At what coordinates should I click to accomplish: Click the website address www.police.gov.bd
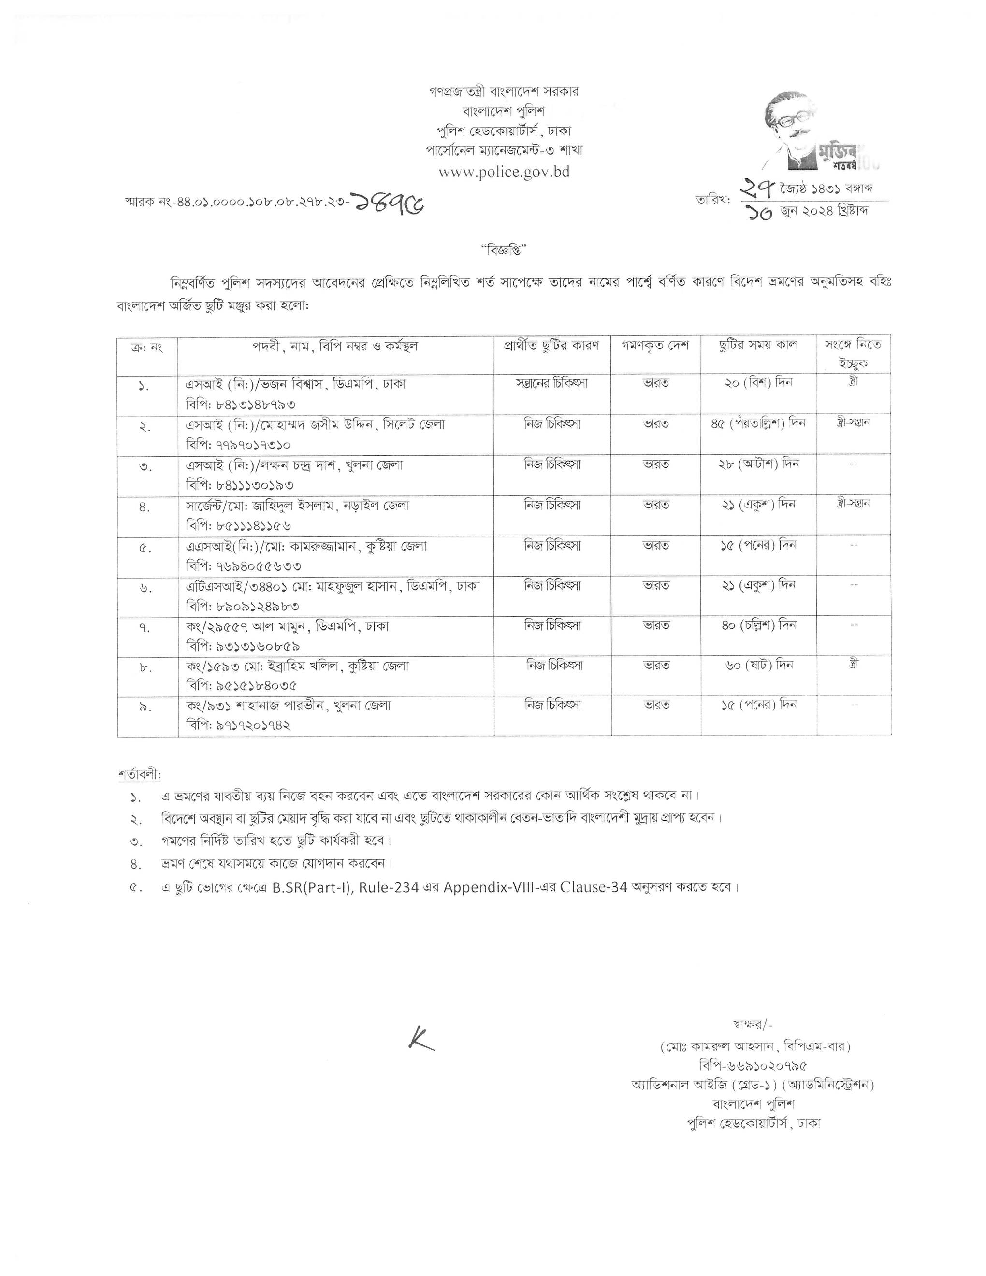(x=504, y=172)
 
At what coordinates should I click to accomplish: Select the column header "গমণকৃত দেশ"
(x=655, y=345)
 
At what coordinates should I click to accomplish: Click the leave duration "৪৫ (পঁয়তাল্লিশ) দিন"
(x=757, y=423)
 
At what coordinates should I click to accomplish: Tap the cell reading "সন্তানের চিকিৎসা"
(x=551, y=383)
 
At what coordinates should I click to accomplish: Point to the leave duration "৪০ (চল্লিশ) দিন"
(x=759, y=625)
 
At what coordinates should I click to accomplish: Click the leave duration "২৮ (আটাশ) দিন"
(x=759, y=464)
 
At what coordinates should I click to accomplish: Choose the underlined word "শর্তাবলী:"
(x=139, y=775)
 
